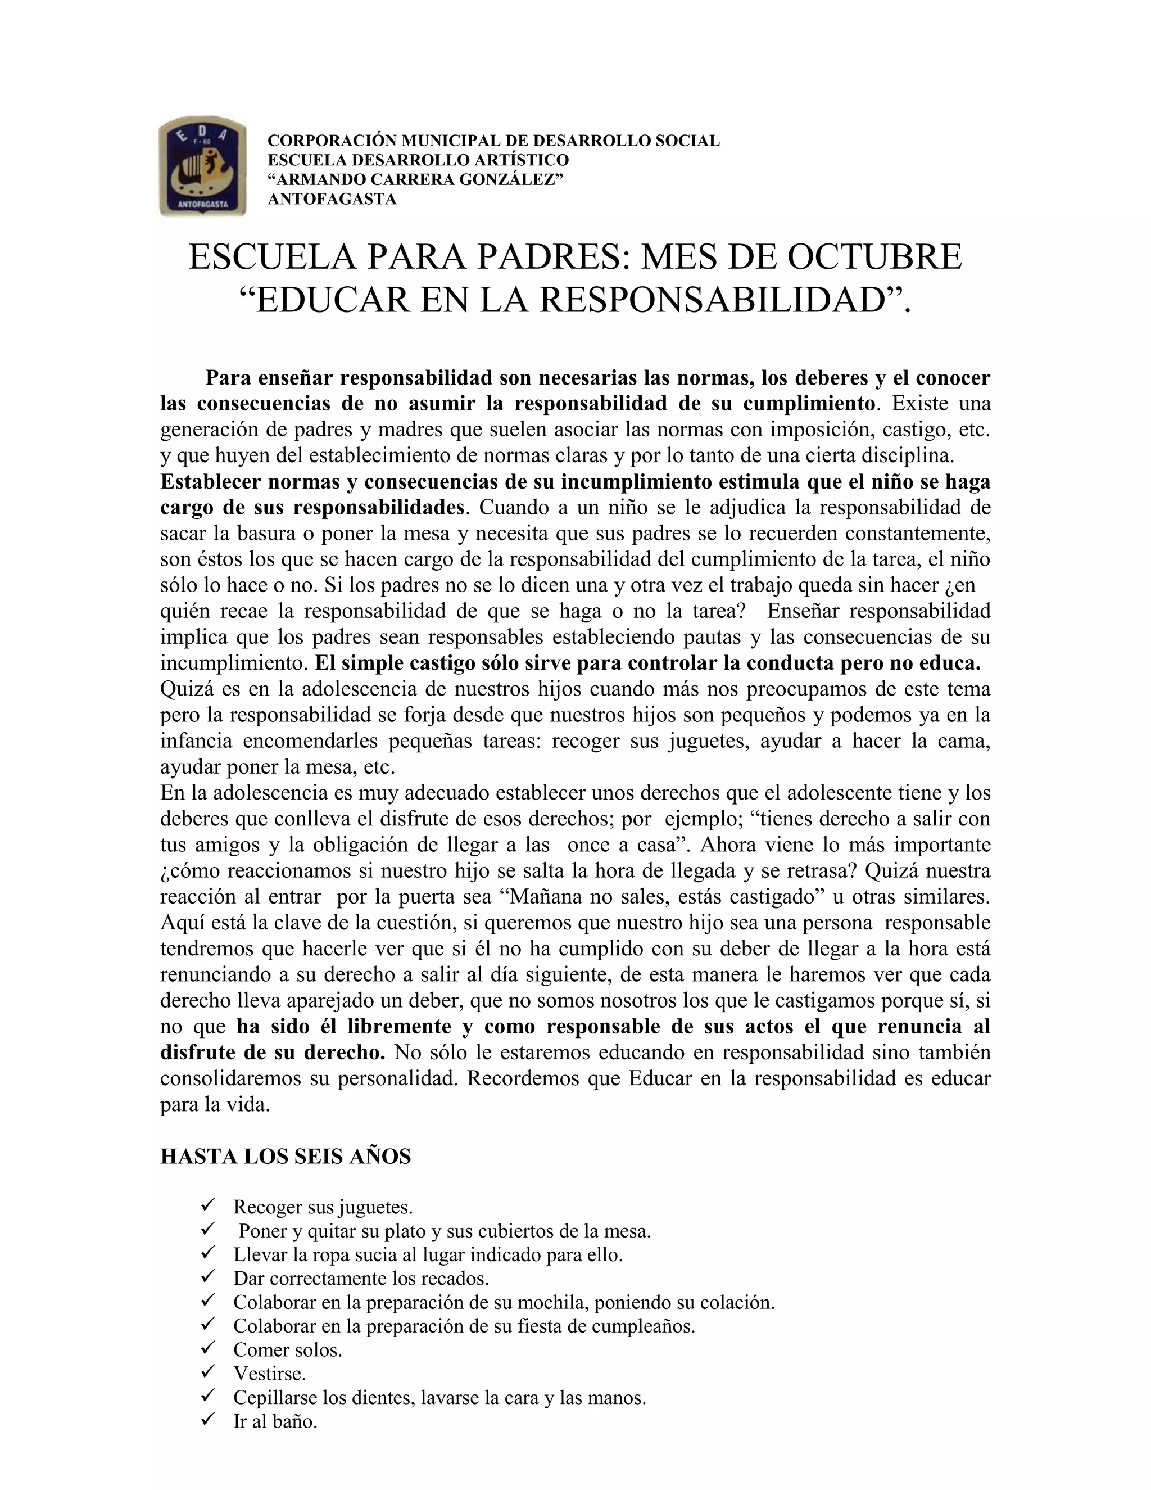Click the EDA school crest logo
[202, 166]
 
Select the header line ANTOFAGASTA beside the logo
[332, 199]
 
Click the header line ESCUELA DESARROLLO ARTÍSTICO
[418, 160]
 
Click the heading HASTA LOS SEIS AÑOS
[285, 1157]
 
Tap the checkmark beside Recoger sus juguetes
[209, 1206]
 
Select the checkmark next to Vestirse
[209, 1372]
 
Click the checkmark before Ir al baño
[209, 1420]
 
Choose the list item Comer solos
[287, 1349]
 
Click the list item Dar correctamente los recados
[361, 1278]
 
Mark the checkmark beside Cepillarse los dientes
[209, 1397]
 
